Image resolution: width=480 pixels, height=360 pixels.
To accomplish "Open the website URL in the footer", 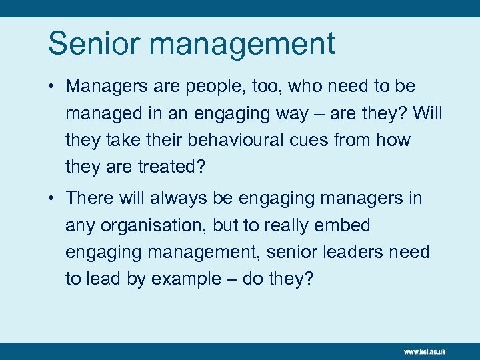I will [424, 351].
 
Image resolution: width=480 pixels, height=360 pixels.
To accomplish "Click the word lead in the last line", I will [103, 279].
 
